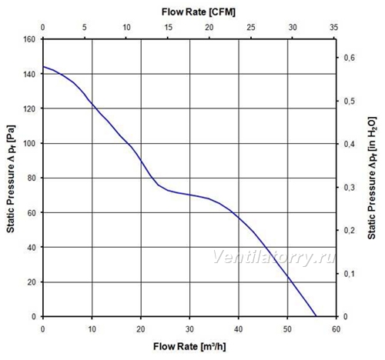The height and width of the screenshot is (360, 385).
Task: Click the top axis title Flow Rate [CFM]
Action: pos(199,12)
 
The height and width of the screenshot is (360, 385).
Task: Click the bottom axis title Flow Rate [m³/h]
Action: pos(189,346)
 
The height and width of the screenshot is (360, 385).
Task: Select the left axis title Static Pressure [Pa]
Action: pos(11,178)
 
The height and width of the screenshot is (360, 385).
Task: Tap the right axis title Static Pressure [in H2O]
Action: pos(372,178)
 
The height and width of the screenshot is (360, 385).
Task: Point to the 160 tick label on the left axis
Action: pos(29,39)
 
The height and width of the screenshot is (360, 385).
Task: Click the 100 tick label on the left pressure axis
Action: pos(29,143)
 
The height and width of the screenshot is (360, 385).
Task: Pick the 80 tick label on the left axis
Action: pos(32,178)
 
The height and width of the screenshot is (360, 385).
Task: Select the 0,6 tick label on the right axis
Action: pos(349,58)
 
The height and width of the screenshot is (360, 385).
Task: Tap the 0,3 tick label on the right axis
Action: pos(349,188)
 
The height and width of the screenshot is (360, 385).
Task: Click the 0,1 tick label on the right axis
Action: pos(349,274)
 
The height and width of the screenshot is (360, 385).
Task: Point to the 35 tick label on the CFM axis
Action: pos(334,27)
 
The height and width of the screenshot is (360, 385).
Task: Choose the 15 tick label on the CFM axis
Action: pos(168,27)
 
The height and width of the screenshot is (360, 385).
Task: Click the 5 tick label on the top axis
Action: pos(85,27)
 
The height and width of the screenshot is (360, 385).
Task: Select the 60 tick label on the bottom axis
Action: pos(336,329)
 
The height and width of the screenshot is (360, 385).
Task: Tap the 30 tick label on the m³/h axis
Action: pos(189,329)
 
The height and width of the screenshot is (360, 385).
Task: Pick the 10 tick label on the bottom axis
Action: pos(92,329)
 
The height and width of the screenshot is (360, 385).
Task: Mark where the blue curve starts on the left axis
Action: pos(43,67)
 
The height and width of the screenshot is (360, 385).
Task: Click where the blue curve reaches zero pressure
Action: pos(316,316)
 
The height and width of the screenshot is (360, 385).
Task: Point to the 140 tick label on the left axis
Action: pos(29,74)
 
